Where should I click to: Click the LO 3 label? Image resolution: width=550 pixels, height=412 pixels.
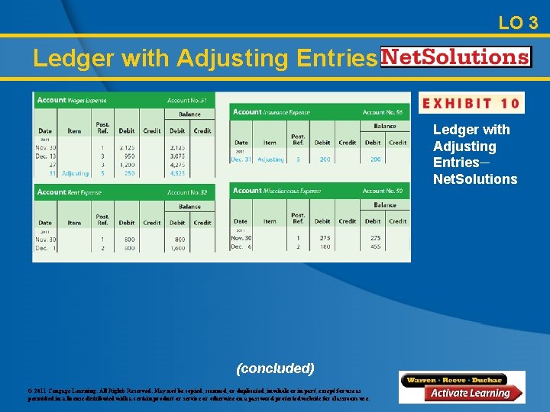[518, 23]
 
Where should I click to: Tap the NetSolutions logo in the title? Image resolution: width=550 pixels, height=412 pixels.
[455, 57]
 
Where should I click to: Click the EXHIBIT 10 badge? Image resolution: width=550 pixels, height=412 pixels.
[471, 103]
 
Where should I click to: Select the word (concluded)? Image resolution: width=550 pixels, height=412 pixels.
[275, 369]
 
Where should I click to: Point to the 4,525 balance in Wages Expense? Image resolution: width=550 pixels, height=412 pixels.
[177, 173]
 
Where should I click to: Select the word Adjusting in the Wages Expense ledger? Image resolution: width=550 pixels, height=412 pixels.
[76, 173]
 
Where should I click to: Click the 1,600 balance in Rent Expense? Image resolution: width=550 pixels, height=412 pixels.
[177, 248]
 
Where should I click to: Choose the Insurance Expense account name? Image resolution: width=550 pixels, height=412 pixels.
[287, 112]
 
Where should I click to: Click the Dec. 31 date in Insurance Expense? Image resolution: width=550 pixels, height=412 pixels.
[241, 159]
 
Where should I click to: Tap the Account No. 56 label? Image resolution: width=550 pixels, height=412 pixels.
[383, 112]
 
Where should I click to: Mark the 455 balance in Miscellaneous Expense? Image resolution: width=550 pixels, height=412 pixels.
[375, 246]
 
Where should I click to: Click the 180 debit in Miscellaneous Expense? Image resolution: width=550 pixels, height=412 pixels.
[325, 246]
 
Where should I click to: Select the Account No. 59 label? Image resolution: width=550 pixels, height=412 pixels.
[383, 191]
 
